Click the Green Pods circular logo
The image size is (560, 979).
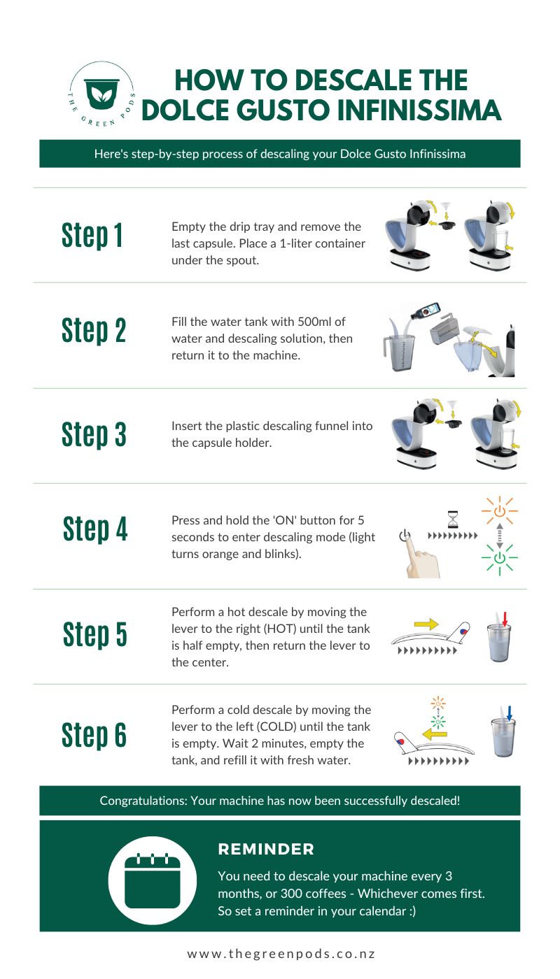point(101,97)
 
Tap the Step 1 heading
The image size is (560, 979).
point(92,235)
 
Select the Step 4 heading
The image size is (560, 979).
point(95,529)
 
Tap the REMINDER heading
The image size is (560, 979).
point(266,849)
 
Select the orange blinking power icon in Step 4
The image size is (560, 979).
point(499,512)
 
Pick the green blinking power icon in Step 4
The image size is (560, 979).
point(499,558)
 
